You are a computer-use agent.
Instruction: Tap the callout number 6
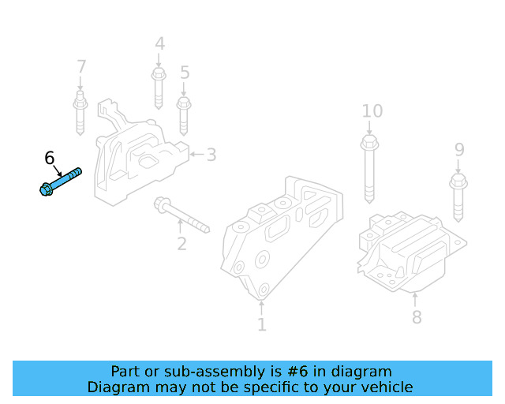(x=50, y=159)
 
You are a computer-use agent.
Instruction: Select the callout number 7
(x=80, y=66)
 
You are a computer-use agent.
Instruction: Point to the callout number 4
(x=159, y=43)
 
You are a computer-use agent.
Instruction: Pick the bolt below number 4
(x=158, y=88)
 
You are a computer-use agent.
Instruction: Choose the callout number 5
(x=185, y=73)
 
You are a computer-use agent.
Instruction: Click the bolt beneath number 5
(x=184, y=114)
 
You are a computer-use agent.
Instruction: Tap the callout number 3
(x=211, y=154)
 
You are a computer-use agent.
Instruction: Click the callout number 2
(x=181, y=244)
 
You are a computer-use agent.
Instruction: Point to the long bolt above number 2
(x=181, y=215)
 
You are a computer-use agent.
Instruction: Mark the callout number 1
(x=261, y=324)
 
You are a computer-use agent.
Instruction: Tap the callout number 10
(x=372, y=110)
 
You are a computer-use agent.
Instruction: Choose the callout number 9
(x=459, y=149)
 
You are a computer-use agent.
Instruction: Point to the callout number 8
(x=416, y=317)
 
